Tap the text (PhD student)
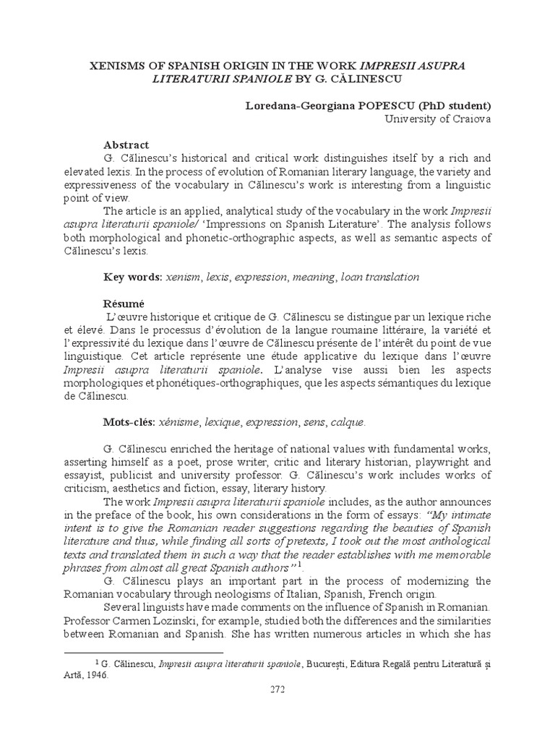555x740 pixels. (448, 106)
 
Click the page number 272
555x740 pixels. (277, 690)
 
